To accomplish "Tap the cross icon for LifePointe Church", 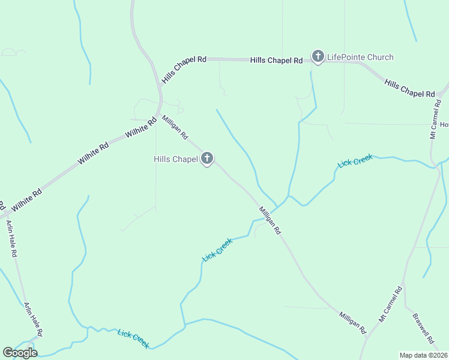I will pyautogui.click(x=318, y=57).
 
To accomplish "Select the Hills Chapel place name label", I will pyautogui.click(x=176, y=159).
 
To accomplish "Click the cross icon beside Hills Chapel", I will pyautogui.click(x=207, y=159).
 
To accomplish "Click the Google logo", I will pyautogui.click(x=20, y=353).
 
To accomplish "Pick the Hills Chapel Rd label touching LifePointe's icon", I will pyautogui.click(x=276, y=61).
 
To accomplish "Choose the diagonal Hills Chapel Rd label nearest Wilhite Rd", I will pyautogui.click(x=184, y=70).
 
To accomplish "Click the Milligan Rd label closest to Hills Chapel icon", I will pyautogui.click(x=175, y=127).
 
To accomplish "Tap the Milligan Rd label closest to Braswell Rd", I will pyautogui.click(x=352, y=322).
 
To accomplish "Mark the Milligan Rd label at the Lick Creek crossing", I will pyautogui.click(x=270, y=220).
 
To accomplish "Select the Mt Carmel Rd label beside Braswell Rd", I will pyautogui.click(x=390, y=305).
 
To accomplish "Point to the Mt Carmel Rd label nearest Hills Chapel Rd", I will pyautogui.click(x=435, y=119).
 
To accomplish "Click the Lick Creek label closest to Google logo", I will pyautogui.click(x=133, y=338).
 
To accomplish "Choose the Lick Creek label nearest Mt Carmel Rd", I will pyautogui.click(x=355, y=160).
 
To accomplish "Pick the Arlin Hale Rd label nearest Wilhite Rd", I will pyautogui.click(x=11, y=238).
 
